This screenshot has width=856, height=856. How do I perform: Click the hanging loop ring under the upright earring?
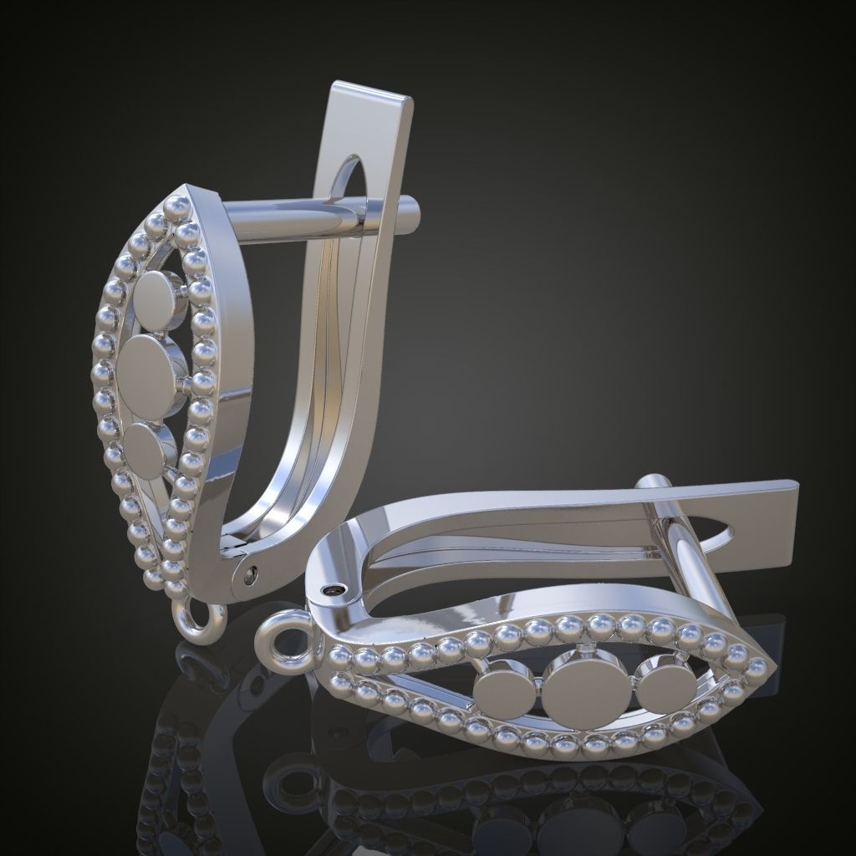pos(199,620)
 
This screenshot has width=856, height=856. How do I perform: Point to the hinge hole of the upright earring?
pos(249,574)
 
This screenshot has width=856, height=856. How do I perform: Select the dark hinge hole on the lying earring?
pos(335,590)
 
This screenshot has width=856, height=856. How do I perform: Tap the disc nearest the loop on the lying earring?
pos(504,691)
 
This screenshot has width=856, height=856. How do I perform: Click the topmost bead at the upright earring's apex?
pos(177,206)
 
